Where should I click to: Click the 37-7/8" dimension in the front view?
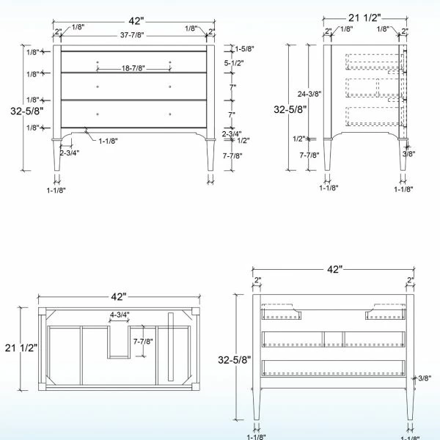132,35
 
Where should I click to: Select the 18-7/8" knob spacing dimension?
133,68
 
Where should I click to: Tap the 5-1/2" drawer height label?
234,63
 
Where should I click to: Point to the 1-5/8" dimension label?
244,49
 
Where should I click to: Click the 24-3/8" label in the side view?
309,94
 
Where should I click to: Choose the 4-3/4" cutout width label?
120,315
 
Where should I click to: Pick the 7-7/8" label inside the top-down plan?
143,341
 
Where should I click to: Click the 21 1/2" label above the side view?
364,18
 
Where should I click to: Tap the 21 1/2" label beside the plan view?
21,348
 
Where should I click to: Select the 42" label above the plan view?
119,296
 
